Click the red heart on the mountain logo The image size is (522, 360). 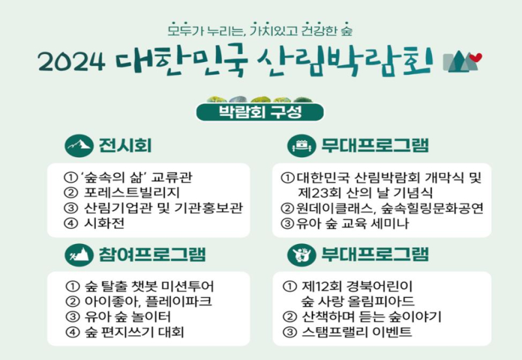pyautogui.click(x=477, y=57)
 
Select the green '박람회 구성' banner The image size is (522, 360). pyautogui.click(x=260, y=112)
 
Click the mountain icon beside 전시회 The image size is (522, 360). pyautogui.click(x=79, y=145)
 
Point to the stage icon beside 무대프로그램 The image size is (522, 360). pyautogui.click(x=301, y=145)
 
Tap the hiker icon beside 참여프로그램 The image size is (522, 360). pyautogui.click(x=79, y=255)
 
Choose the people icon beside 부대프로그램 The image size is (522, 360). pyautogui.click(x=301, y=255)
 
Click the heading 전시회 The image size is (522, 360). pyautogui.click(x=125, y=145)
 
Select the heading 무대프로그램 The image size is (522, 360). pyautogui.click(x=375, y=145)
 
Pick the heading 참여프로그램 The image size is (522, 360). pyautogui.click(x=153, y=254)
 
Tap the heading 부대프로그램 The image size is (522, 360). pyautogui.click(x=375, y=254)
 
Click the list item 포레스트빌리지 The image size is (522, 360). pyautogui.click(x=132, y=192)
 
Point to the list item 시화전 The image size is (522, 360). pyautogui.click(x=104, y=223)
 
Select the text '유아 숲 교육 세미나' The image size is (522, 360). pyautogui.click(x=352, y=223)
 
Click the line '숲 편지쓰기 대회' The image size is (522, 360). pyautogui.click(x=134, y=332)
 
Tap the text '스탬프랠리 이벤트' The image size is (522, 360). pyautogui.click(x=356, y=332)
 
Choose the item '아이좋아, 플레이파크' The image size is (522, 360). pyautogui.click(x=148, y=301)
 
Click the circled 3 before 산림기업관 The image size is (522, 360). pyautogui.click(x=70, y=208)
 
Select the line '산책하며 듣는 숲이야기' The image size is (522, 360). pyautogui.click(x=371, y=316)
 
